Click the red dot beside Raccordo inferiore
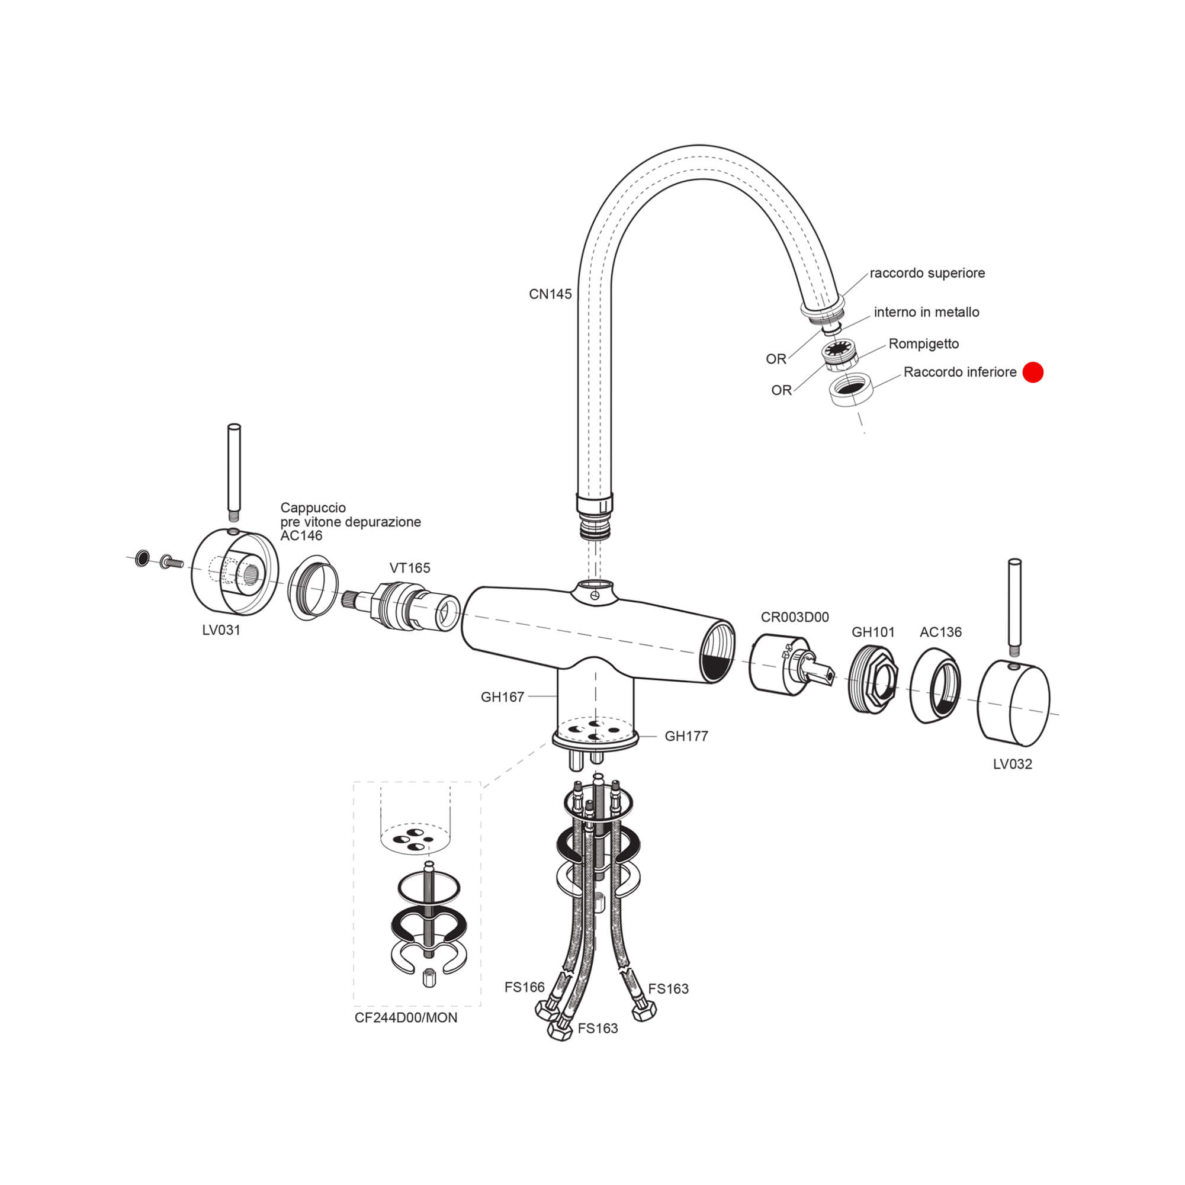click(1033, 372)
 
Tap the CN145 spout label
click(550, 294)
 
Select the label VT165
click(410, 568)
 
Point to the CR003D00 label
click(795, 617)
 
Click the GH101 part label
click(873, 632)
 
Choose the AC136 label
click(940, 632)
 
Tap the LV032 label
click(1013, 764)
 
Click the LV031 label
click(221, 630)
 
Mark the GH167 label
click(502, 697)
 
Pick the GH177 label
click(686, 736)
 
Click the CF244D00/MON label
click(406, 1017)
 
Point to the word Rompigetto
click(924, 344)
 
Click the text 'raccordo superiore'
click(927, 273)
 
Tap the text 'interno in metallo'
click(926, 312)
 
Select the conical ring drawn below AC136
click(934, 685)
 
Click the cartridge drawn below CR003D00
click(791, 666)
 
